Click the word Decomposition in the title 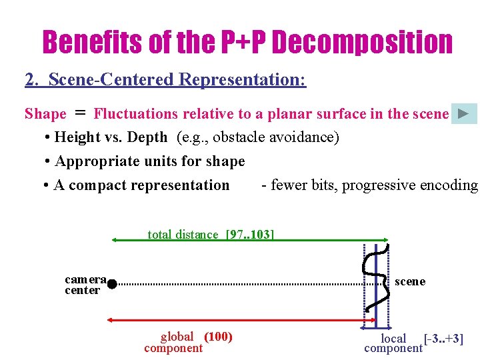362,43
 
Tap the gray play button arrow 464,113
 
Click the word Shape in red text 45,114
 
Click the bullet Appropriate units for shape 149,161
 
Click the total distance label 183,235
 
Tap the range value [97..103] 250,235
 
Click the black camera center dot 112,284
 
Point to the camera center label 85,285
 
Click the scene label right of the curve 410,281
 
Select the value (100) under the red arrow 218,337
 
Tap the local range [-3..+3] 443,339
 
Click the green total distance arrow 250,240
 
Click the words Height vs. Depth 111,137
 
